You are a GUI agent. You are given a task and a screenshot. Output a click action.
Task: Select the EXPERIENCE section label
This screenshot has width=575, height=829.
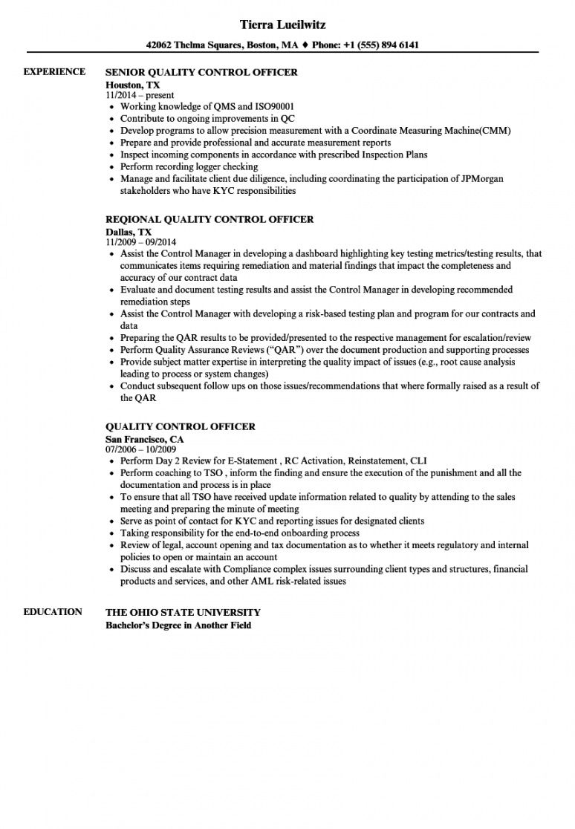click(x=54, y=72)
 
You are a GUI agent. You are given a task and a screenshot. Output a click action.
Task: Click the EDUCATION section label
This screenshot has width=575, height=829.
click(x=53, y=612)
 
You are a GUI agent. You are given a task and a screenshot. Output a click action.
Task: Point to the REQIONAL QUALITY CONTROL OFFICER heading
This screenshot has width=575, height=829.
click(x=209, y=220)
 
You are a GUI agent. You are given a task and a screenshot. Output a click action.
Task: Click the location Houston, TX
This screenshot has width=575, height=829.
click(x=132, y=85)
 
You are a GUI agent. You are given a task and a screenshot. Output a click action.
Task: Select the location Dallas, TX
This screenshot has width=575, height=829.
click(x=129, y=232)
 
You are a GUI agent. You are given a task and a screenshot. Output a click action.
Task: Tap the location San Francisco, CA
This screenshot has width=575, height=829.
click(x=145, y=439)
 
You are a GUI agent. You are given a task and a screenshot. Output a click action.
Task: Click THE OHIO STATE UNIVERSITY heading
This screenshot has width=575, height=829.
click(x=183, y=613)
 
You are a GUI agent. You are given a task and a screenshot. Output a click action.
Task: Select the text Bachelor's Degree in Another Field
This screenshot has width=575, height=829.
click(x=178, y=625)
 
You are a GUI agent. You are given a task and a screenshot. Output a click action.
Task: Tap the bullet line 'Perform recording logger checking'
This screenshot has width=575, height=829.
click(x=189, y=167)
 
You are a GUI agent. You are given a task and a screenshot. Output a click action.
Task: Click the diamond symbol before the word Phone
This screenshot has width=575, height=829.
click(x=305, y=45)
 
